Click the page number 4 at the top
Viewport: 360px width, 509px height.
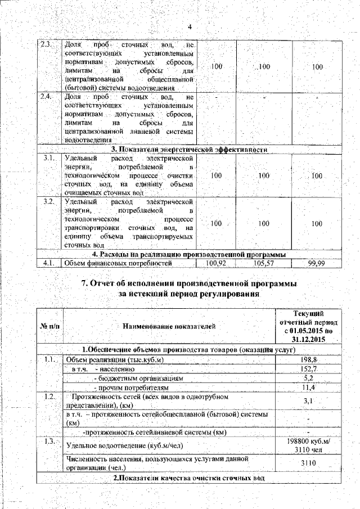coord(190,27)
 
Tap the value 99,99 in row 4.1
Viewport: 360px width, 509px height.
coord(317,263)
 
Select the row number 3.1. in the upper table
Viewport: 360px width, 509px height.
coord(48,159)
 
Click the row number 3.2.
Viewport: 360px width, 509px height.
coord(48,201)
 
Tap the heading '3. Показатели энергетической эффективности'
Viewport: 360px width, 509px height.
coord(188,149)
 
